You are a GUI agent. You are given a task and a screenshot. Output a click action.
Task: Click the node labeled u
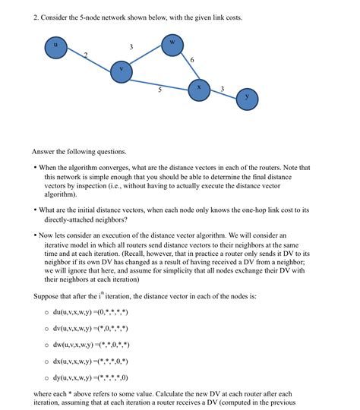pos(55,48)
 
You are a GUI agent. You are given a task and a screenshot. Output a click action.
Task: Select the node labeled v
pos(121,71)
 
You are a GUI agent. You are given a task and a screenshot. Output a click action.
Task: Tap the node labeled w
pos(173,43)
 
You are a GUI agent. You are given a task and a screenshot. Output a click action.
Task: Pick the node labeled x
pos(199,89)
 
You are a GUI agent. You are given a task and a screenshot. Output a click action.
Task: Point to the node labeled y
pos(247,99)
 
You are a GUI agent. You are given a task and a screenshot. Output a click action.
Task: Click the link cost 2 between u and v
pos(86,55)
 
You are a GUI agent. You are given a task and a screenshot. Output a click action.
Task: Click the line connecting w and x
pos(186,67)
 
